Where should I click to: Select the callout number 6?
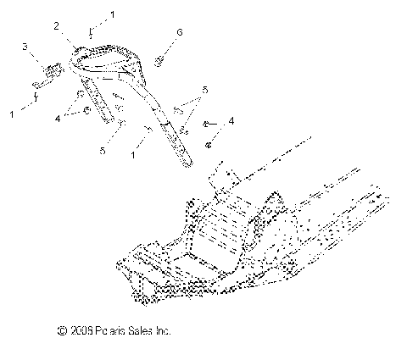179,32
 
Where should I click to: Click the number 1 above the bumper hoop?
113,15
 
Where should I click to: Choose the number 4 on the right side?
232,122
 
